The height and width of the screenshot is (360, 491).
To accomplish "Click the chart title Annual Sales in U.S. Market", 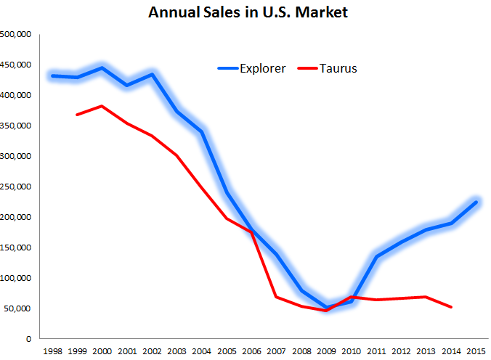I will point(247,12).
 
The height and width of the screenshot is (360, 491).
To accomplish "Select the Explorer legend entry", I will point(252,68).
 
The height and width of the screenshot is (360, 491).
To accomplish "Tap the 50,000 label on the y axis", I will point(18,308).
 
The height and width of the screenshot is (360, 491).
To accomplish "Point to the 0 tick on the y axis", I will point(28,339).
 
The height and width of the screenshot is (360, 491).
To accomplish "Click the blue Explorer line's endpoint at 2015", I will point(476,202).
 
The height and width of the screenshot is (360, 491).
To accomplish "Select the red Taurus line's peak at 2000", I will point(102,106).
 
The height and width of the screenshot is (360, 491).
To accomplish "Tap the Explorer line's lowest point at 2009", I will point(326,307).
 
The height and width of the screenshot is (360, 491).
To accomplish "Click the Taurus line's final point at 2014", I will point(451,307).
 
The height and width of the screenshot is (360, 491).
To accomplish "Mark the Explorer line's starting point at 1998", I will point(52,75).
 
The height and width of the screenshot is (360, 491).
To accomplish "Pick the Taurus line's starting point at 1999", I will point(77,115).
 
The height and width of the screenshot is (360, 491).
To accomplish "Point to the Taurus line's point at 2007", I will point(276,297).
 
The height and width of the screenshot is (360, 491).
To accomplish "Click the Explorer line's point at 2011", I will point(376,256).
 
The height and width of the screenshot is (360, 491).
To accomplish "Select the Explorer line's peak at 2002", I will point(152,74).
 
